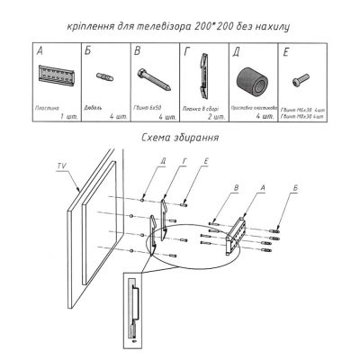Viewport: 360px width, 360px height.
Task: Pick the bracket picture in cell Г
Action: point(206,82)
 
